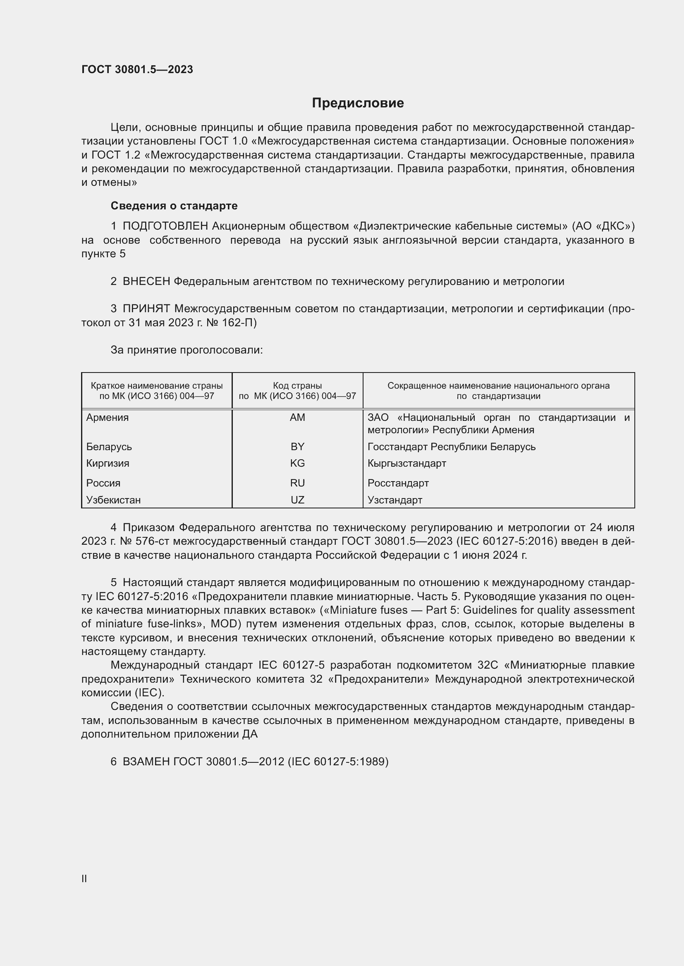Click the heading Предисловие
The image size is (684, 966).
point(358,103)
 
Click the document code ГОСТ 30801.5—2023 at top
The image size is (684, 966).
point(137,69)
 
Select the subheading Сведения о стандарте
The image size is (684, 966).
point(174,206)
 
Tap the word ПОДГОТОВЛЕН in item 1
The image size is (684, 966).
point(165,226)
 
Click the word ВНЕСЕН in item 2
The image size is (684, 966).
point(146,282)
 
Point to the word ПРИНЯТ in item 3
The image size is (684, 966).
point(146,309)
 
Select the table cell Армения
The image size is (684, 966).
point(108,418)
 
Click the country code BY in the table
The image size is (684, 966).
point(297,446)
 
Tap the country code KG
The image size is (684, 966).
point(297,463)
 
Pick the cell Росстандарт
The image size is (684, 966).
point(398,483)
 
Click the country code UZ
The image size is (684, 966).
point(297,500)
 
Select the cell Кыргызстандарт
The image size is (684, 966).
point(407,463)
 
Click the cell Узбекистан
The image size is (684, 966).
point(113,500)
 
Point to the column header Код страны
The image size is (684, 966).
point(297,386)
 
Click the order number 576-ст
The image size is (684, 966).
point(153,541)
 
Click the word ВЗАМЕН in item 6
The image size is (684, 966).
point(146,762)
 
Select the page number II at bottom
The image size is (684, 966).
point(84,878)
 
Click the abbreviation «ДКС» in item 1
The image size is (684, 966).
point(615,226)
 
